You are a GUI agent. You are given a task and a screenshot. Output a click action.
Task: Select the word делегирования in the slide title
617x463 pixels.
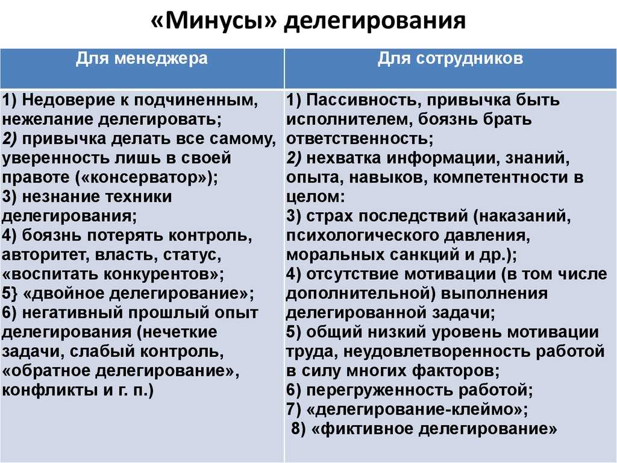click(x=375, y=22)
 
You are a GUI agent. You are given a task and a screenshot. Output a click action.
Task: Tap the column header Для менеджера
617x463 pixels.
click(x=142, y=59)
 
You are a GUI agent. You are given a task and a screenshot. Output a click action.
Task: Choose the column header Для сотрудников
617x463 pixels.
click(x=451, y=59)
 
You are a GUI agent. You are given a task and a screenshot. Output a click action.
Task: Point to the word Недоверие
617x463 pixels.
click(x=70, y=101)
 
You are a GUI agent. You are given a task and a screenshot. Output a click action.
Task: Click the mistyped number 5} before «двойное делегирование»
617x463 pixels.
click(x=10, y=294)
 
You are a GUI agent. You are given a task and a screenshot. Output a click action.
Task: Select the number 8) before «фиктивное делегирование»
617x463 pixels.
click(x=299, y=429)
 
